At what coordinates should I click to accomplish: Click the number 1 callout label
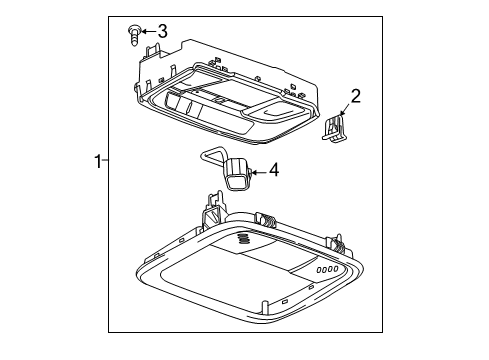97,161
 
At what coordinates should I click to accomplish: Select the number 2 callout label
354,96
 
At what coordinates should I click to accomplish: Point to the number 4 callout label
274,171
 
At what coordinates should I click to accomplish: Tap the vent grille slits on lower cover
243,240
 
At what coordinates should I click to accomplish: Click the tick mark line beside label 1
106,161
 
